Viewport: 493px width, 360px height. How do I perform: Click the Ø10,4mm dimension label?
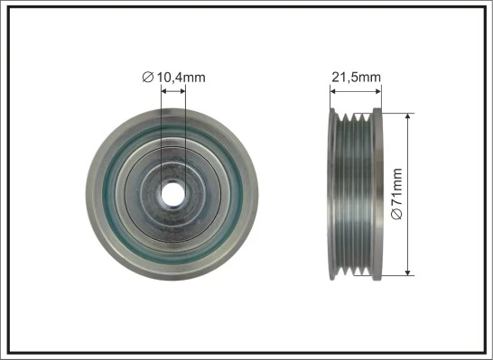[x=174, y=78]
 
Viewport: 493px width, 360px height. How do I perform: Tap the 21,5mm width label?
[x=355, y=78]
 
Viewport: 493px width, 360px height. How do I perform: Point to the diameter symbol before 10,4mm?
[x=148, y=78]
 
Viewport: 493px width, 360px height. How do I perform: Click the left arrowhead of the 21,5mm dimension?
[x=331, y=89]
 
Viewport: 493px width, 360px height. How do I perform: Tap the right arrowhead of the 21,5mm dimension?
[x=379, y=89]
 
